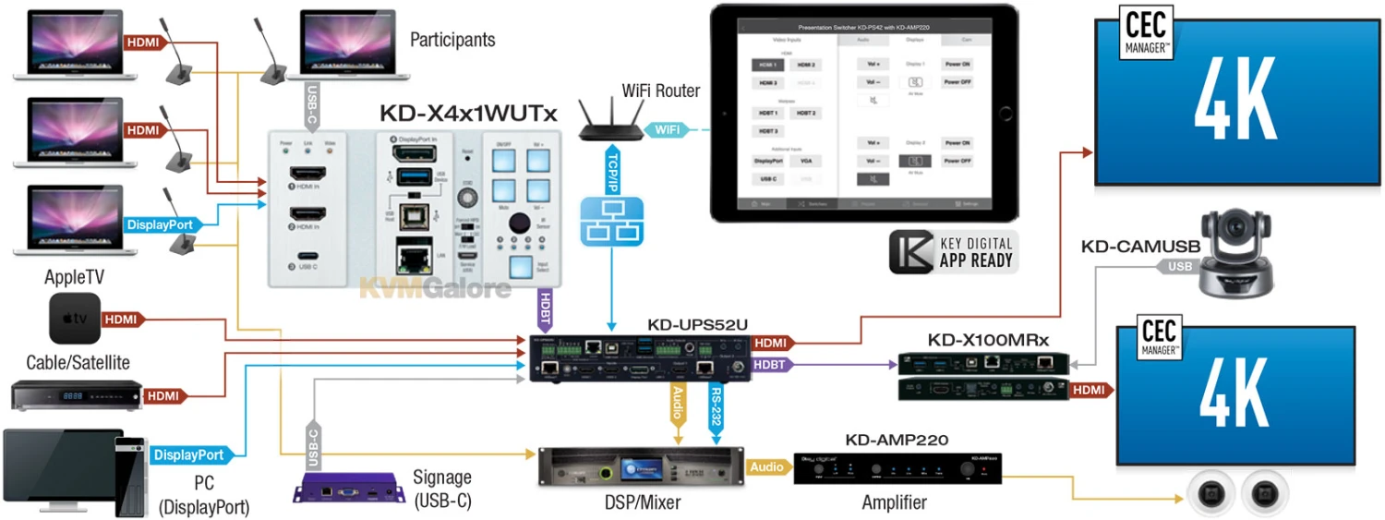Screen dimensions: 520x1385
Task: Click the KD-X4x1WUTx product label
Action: tap(468, 114)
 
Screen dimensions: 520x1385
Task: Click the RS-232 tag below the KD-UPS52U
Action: tap(717, 405)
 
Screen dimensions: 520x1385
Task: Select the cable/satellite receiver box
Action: tap(77, 395)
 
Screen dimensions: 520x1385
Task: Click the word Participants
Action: tap(452, 40)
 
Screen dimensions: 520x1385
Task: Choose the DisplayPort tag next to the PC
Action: tap(188, 455)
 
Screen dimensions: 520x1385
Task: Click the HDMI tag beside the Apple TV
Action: tap(121, 320)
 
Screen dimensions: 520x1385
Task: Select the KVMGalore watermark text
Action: tap(435, 288)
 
